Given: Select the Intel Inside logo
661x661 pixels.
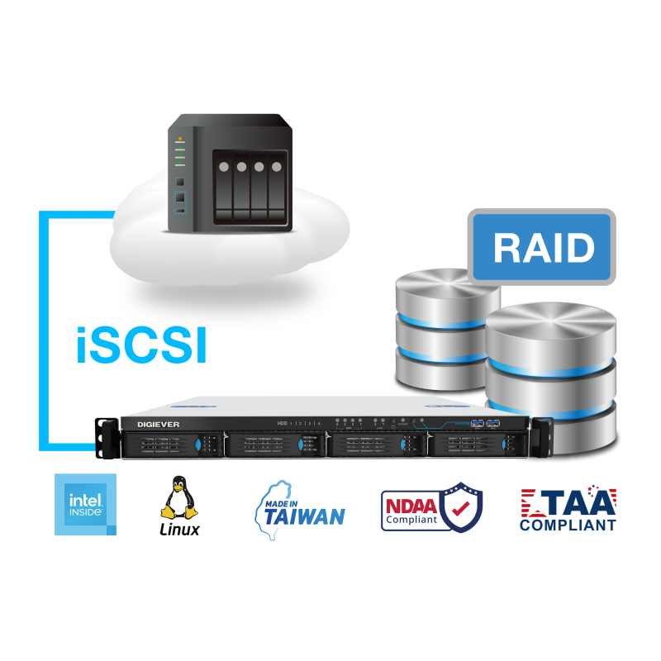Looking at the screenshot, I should (x=85, y=505).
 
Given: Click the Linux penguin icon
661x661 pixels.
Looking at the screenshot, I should (x=178, y=498).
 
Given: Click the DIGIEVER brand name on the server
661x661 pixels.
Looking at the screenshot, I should (x=147, y=424).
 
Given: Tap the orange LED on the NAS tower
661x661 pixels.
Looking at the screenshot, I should (x=180, y=139).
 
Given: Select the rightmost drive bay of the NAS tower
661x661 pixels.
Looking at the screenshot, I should (x=278, y=186).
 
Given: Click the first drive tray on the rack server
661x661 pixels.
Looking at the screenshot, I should (x=165, y=445).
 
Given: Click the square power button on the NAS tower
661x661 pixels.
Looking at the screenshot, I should (x=180, y=181).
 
